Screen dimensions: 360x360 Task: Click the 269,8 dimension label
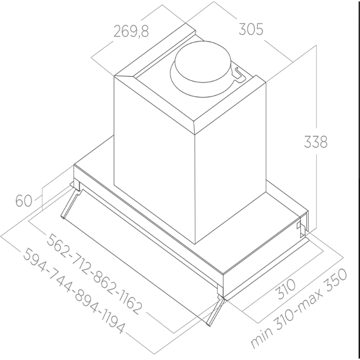131,31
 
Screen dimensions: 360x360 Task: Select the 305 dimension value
250,30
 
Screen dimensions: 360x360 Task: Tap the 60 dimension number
24,200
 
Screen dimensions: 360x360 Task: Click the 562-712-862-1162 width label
94,273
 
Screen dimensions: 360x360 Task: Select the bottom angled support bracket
215,310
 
